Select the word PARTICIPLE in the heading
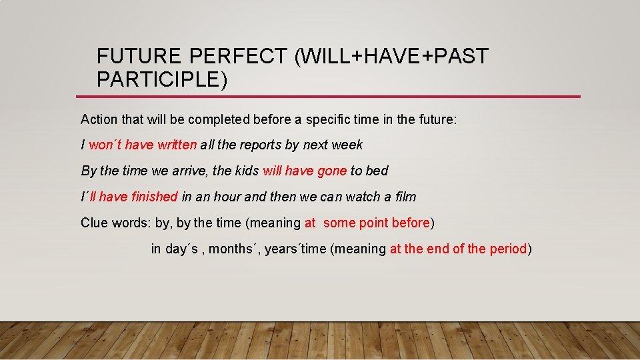pyautogui.click(x=157, y=80)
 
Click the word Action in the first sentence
pyautogui.click(x=99, y=120)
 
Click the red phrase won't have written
pyautogui.click(x=143, y=145)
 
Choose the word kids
pyautogui.click(x=247, y=171)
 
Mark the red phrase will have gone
pyautogui.click(x=305, y=171)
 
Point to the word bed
pyautogui.click(x=377, y=171)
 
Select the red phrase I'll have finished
pyautogui.click(x=129, y=197)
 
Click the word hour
pyautogui.click(x=227, y=197)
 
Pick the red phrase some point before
pyautogui.click(x=377, y=223)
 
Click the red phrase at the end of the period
pyautogui.click(x=458, y=249)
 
